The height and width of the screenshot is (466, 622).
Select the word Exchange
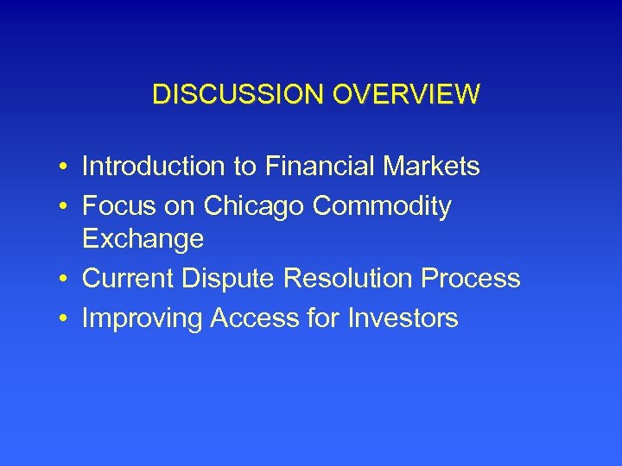(x=143, y=239)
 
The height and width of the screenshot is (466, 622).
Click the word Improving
(x=142, y=319)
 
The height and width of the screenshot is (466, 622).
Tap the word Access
(x=253, y=318)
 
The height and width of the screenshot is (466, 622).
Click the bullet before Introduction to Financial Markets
(x=65, y=167)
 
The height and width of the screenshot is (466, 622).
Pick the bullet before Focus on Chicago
(x=65, y=207)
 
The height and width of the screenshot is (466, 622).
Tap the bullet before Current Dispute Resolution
(x=65, y=280)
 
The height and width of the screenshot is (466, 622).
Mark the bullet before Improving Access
(x=65, y=319)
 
